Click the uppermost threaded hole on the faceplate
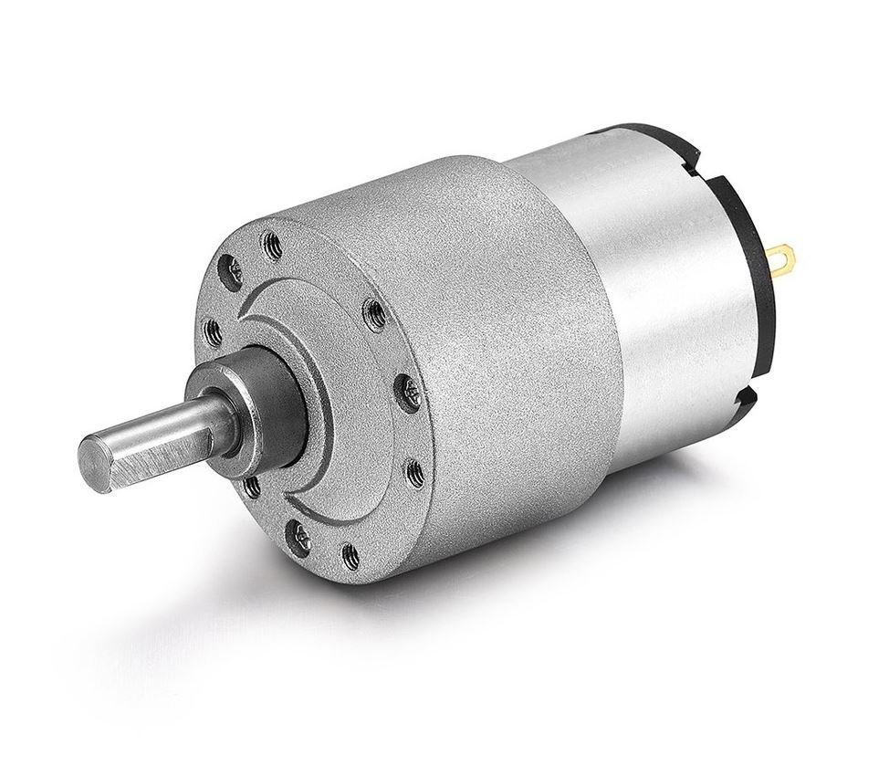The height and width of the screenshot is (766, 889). click(271, 244)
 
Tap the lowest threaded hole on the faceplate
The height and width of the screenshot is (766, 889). click(349, 551)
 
